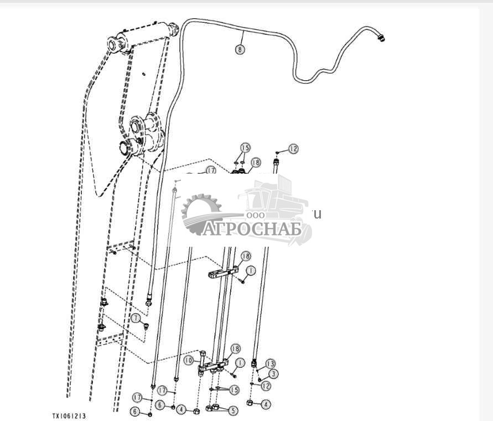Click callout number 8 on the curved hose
pyautogui.click(x=239, y=49)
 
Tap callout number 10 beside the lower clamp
pyautogui.click(x=188, y=360)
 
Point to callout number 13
pyautogui.click(x=270, y=363)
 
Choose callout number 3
pyautogui.click(x=274, y=374)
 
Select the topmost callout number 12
pyautogui.click(x=293, y=149)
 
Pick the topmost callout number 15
pyautogui.click(x=245, y=148)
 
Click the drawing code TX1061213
pyautogui.click(x=69, y=415)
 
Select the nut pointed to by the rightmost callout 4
pyautogui.click(x=250, y=403)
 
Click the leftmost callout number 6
pyautogui.click(x=134, y=411)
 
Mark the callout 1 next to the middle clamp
pyautogui.click(x=251, y=271)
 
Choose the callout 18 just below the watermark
pyautogui.click(x=245, y=256)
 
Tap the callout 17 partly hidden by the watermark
pyautogui.click(x=210, y=171)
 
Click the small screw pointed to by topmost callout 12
pyautogui.click(x=278, y=150)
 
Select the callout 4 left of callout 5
pyautogui.click(x=180, y=410)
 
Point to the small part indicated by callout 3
pyautogui.click(x=260, y=380)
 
